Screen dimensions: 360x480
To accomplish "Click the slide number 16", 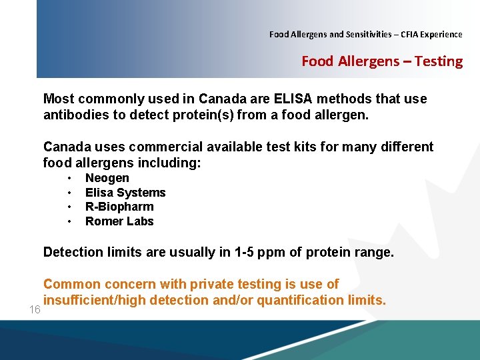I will [35, 311].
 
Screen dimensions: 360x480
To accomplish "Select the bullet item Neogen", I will [107, 178].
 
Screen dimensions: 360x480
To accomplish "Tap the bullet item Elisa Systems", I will [125, 193].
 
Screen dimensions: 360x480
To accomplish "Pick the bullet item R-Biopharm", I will [119, 207].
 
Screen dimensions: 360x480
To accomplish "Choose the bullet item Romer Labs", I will [119, 221].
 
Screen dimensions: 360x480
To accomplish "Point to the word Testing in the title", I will [438, 61].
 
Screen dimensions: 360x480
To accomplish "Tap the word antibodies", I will [77, 115].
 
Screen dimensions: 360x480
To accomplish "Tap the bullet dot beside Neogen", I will [69, 178].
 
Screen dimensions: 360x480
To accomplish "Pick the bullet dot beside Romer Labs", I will [69, 221].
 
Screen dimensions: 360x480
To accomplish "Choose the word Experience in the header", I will [439, 34].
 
